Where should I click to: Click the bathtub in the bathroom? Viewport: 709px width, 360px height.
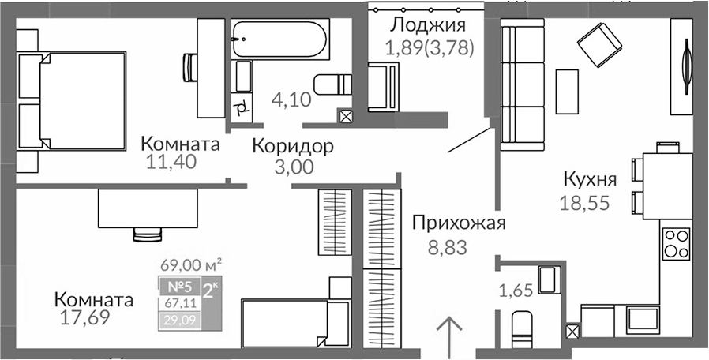pos(279,39)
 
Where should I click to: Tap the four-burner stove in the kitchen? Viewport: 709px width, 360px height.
pos(677,244)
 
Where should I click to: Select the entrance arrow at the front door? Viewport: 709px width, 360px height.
pos(450,337)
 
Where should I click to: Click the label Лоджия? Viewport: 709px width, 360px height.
pos(428,25)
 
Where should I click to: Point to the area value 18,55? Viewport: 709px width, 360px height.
pos(585,203)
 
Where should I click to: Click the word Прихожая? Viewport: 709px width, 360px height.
pos(459,223)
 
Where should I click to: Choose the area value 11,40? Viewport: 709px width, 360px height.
pos(171,161)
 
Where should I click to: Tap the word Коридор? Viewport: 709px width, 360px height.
pos(293,146)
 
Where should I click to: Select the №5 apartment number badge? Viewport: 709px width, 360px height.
pos(180,287)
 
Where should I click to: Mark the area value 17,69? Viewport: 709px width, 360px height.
pos(85,317)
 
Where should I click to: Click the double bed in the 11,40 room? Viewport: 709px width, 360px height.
pos(71,101)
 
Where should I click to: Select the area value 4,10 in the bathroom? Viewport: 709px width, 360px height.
pos(291,99)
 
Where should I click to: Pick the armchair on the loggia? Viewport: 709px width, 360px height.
pos(384,86)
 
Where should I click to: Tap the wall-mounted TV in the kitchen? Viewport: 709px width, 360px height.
pos(687,67)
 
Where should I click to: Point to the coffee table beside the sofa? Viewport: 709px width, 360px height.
pos(567,92)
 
